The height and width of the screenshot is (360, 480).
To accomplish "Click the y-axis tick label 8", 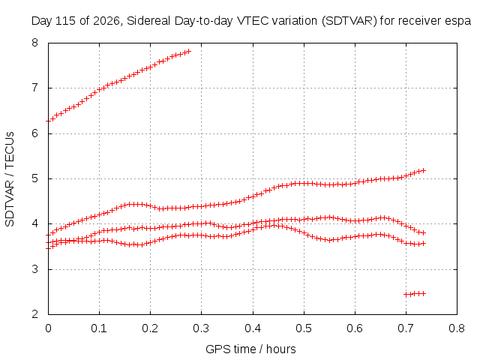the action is pyautogui.click(x=35, y=43).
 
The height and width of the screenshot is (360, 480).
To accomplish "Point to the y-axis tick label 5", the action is pyautogui.click(x=35, y=178).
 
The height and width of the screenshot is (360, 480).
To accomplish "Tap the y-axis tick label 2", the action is pyautogui.click(x=35, y=314).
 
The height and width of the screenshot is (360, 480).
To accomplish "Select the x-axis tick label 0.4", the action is pyautogui.click(x=253, y=328).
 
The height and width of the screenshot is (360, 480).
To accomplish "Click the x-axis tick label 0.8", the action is pyautogui.click(x=457, y=328).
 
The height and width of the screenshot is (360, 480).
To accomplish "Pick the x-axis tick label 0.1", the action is pyautogui.click(x=99, y=328).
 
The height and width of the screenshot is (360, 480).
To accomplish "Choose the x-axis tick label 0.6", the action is pyautogui.click(x=355, y=328).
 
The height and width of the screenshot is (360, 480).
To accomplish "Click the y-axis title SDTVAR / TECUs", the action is pyautogui.click(x=10, y=179).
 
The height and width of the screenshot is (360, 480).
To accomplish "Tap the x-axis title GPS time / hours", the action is pyautogui.click(x=250, y=349).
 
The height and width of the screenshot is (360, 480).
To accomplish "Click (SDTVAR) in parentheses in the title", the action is pyautogui.click(x=349, y=21).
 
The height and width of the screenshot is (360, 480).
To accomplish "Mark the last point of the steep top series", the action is pyautogui.click(x=188, y=51).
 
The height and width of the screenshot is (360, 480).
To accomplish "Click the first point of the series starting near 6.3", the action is pyautogui.click(x=48, y=121).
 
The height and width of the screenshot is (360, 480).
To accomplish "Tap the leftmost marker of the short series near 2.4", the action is pyautogui.click(x=406, y=295).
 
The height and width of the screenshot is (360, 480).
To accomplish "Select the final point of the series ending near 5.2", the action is pyautogui.click(x=424, y=170).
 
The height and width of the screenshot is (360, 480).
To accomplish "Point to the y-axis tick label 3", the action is pyautogui.click(x=35, y=269).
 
